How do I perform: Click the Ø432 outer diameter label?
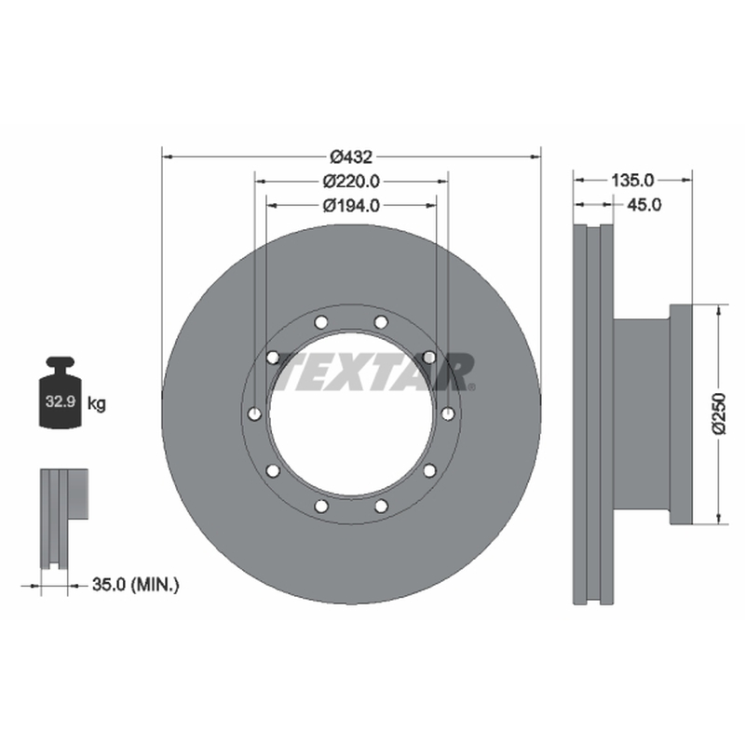(351, 156)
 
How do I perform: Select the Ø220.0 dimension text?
(351, 181)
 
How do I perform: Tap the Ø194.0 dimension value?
(351, 205)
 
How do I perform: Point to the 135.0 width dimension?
(632, 180)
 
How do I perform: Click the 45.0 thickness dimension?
(643, 205)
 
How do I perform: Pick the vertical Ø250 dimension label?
(720, 413)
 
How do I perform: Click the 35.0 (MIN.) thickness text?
(136, 585)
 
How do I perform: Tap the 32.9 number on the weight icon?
(61, 401)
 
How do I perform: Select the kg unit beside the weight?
(97, 404)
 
